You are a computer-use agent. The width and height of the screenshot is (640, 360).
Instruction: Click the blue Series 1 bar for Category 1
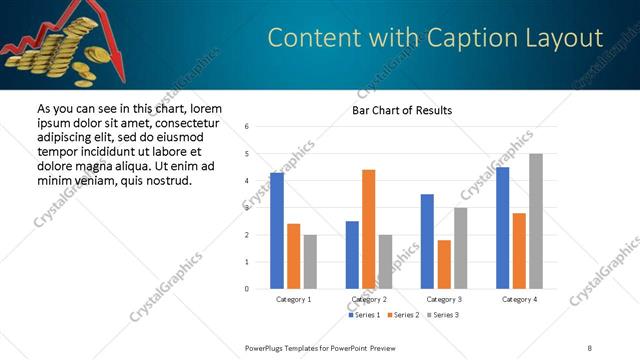[x=277, y=231]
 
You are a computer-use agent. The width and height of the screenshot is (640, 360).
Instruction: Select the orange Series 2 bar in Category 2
[x=368, y=229]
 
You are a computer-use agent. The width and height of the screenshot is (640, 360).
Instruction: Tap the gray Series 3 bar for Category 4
[x=536, y=221]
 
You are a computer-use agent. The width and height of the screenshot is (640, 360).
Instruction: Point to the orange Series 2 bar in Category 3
[x=444, y=264]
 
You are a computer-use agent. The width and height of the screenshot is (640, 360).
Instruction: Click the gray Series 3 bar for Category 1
[x=310, y=262]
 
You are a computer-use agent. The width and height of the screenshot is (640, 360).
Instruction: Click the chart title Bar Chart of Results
[x=401, y=110]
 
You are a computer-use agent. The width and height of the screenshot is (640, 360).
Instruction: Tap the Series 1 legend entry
[x=363, y=315]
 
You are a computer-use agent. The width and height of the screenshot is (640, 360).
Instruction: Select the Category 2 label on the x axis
[x=369, y=299]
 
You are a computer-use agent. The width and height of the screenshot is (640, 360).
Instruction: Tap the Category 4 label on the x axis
[x=519, y=299]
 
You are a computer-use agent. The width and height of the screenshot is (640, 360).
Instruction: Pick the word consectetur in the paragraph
[x=184, y=122]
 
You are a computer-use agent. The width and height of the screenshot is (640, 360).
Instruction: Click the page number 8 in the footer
[x=589, y=348]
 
